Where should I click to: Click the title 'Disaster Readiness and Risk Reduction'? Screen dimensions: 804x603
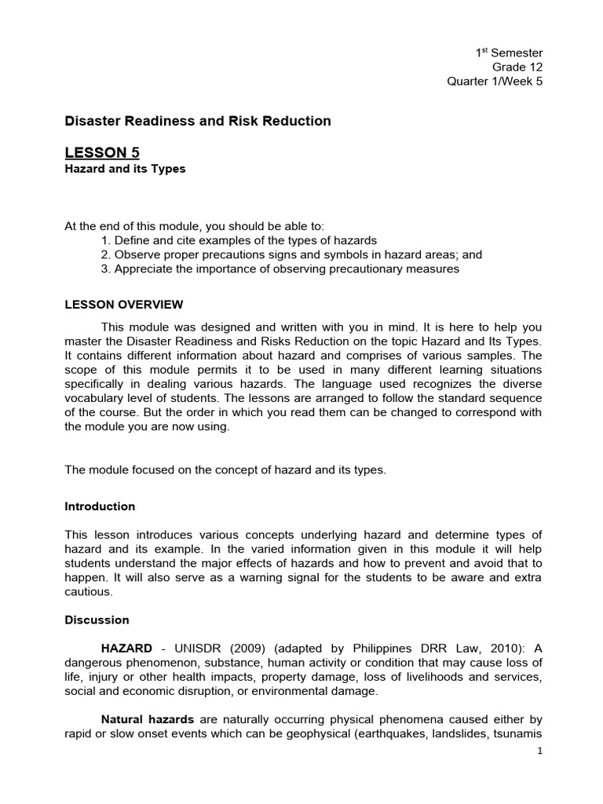tap(197, 121)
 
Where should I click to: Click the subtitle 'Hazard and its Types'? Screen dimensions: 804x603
tap(125, 169)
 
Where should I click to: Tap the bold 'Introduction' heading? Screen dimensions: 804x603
tap(100, 506)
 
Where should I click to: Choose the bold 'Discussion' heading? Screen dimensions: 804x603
tap(97, 619)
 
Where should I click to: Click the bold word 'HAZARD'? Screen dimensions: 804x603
tap(126, 648)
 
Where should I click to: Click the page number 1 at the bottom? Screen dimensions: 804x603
tap(539, 751)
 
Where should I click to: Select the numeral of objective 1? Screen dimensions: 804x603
tap(106, 240)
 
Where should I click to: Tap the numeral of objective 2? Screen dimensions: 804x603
tap(106, 254)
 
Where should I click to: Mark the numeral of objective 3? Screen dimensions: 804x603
tap(106, 269)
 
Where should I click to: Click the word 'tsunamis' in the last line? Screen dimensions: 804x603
tap(517, 733)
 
